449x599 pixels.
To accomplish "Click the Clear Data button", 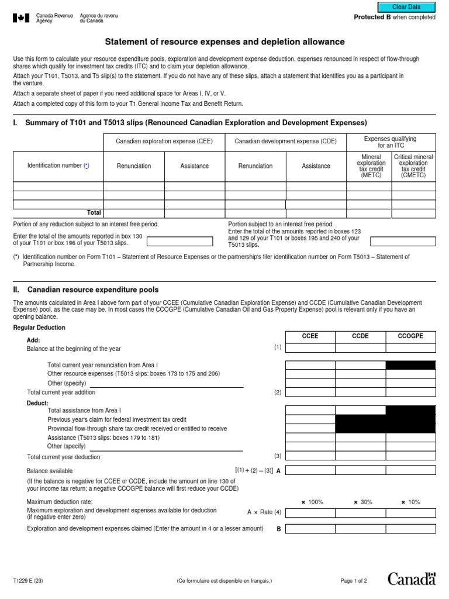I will pos(406,7).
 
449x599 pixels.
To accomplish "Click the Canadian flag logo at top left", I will pos(20,18).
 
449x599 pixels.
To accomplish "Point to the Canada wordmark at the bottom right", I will pos(412,579).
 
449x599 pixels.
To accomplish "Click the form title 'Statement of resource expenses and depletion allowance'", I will pos(224,42).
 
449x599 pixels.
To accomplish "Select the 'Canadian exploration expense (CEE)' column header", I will pos(164,142).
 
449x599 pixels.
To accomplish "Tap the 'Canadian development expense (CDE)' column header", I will pos(285,142).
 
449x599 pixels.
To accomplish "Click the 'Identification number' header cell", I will pos(58,166).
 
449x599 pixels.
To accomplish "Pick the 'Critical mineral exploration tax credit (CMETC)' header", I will pos(413,166).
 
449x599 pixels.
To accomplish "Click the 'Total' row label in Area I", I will pos(94,213).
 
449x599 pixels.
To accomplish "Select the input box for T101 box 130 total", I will pos(179,241).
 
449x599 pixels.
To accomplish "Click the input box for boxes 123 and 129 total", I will pos(403,241).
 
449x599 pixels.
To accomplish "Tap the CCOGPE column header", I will pos(410,336).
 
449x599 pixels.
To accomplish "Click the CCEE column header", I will pos(310,336).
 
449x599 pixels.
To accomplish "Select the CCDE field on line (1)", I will pos(360,348).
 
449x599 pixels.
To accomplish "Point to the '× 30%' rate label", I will pos(361,502).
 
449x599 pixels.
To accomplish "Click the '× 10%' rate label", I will pos(410,502).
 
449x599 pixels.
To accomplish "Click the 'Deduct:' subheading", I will pos(38,404).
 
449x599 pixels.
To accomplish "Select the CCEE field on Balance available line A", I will pos(310,470).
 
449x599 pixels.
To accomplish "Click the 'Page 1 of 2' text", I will pos(354,581).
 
